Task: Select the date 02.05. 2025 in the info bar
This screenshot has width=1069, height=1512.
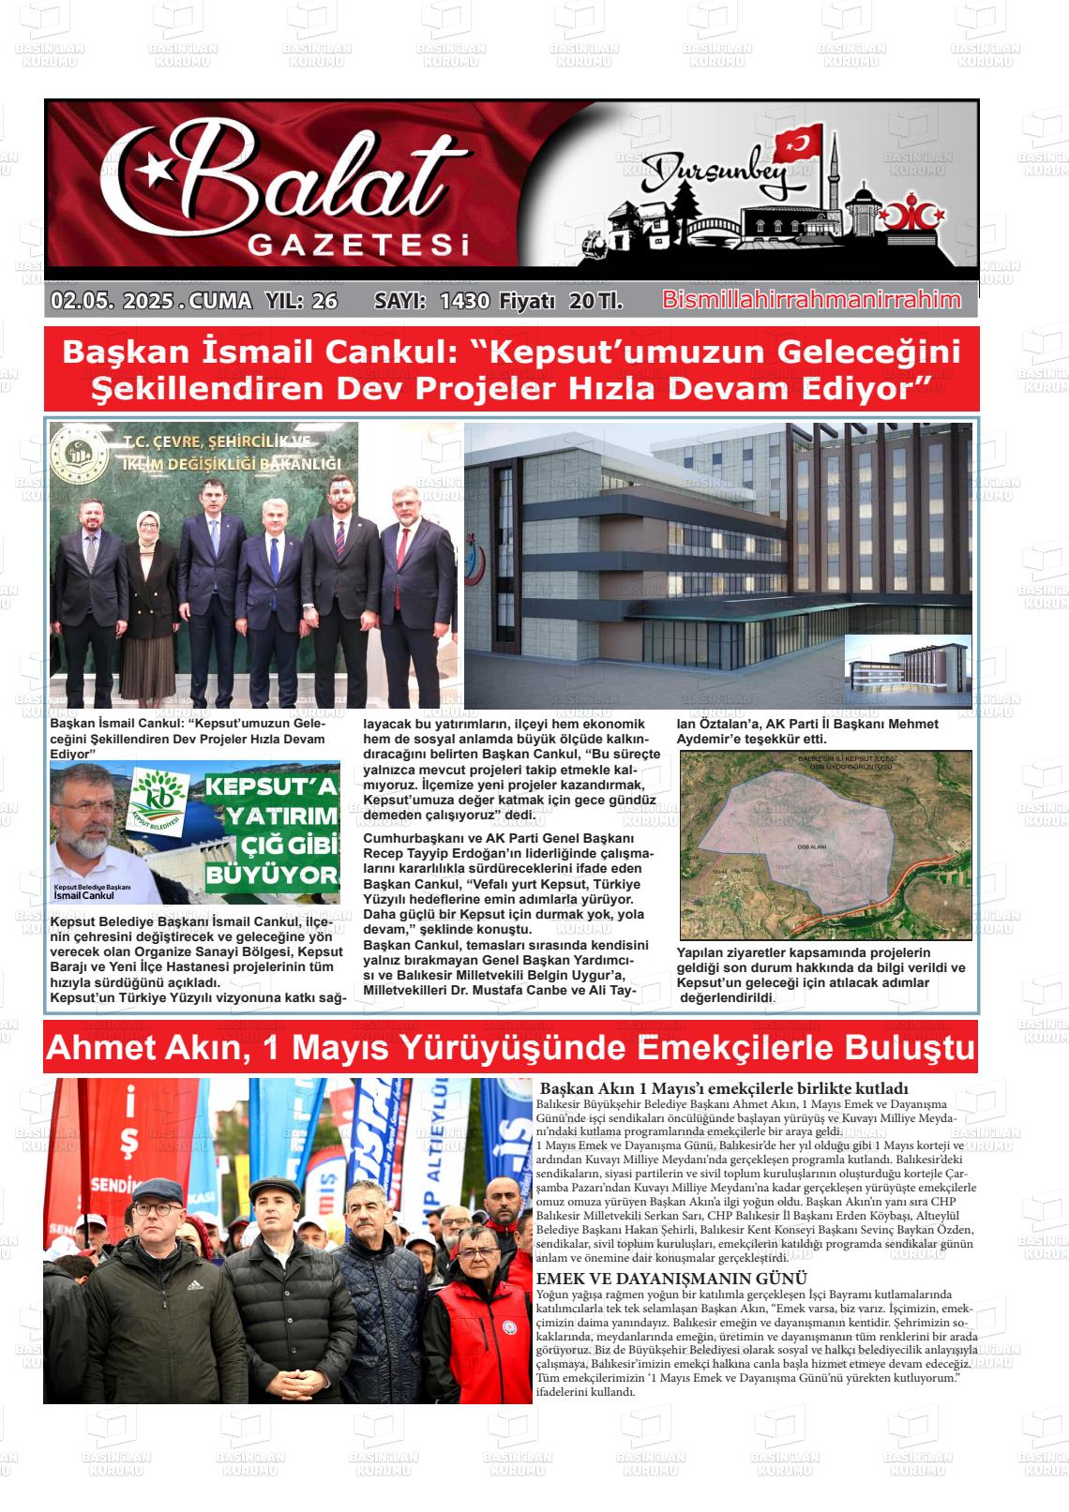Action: pyautogui.click(x=113, y=301)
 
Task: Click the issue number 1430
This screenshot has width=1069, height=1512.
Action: pyautogui.click(x=464, y=301)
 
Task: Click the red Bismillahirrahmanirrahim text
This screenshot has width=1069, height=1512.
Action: pyautogui.click(x=811, y=300)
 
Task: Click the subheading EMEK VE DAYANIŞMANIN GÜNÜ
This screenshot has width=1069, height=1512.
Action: pyautogui.click(x=671, y=1279)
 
